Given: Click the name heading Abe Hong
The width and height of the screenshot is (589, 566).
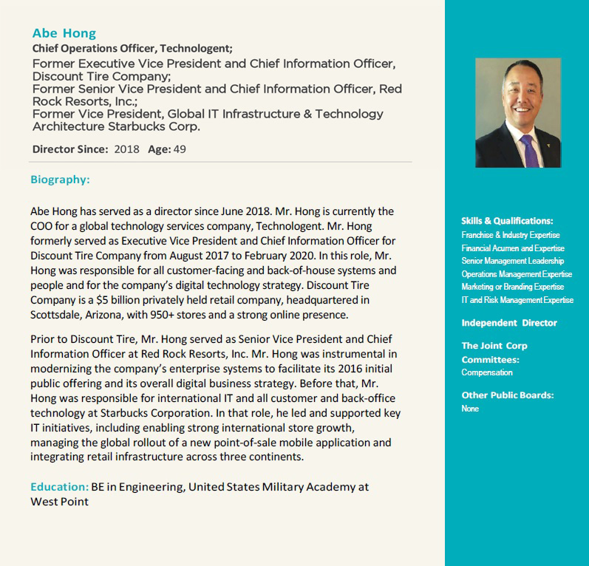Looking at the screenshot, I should [64, 33].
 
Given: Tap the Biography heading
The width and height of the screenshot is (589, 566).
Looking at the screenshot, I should [60, 180].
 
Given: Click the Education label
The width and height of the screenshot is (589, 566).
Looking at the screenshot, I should [59, 487].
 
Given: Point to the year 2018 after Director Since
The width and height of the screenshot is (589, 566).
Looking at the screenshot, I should [126, 149].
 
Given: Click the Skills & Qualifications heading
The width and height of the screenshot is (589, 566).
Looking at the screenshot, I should [507, 221].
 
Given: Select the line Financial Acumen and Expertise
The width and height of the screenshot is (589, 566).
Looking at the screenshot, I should [512, 248].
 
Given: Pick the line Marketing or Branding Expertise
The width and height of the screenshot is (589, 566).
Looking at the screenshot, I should [512, 287].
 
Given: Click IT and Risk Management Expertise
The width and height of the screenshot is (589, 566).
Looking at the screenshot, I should [517, 300].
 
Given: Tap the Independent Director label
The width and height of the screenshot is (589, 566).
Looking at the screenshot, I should [509, 323].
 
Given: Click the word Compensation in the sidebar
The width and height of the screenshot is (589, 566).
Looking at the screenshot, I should [487, 372].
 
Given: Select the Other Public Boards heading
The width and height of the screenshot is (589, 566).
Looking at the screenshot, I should [508, 395].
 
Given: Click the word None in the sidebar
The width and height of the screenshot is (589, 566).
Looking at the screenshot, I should [470, 409].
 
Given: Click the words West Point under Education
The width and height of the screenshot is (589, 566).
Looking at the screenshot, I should [59, 502].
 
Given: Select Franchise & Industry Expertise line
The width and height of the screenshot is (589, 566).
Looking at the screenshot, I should [511, 235].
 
